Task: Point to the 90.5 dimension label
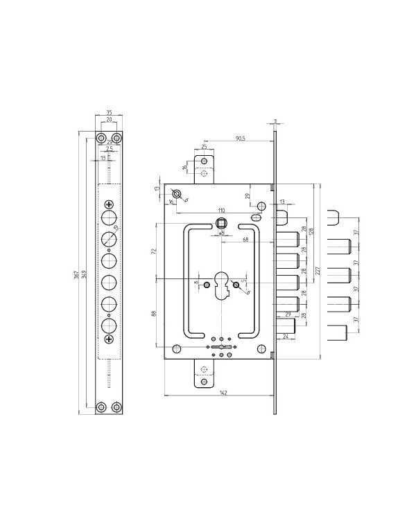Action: (239, 139)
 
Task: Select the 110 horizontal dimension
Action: (222, 209)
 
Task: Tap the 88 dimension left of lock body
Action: (154, 313)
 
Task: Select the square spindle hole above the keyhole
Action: (222, 223)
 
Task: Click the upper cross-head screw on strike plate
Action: (109, 204)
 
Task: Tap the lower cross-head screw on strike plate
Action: (109, 339)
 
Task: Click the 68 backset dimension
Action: (245, 240)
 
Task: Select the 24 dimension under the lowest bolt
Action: (286, 338)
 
